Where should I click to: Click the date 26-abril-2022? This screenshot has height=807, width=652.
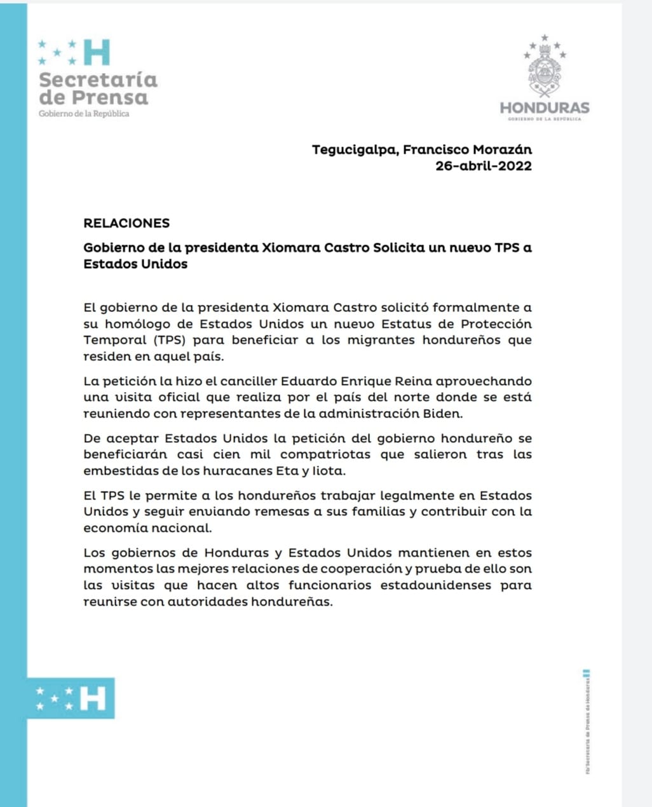tap(483, 166)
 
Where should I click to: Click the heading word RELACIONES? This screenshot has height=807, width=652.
tap(126, 223)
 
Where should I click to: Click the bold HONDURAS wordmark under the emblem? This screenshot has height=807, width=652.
tap(545, 108)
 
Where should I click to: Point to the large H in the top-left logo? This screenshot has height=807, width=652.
tap(97, 53)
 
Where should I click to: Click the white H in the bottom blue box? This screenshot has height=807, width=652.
tap(93, 698)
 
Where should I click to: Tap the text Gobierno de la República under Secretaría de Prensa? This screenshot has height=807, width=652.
tap(84, 114)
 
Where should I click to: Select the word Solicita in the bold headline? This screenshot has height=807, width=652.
tap(398, 248)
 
